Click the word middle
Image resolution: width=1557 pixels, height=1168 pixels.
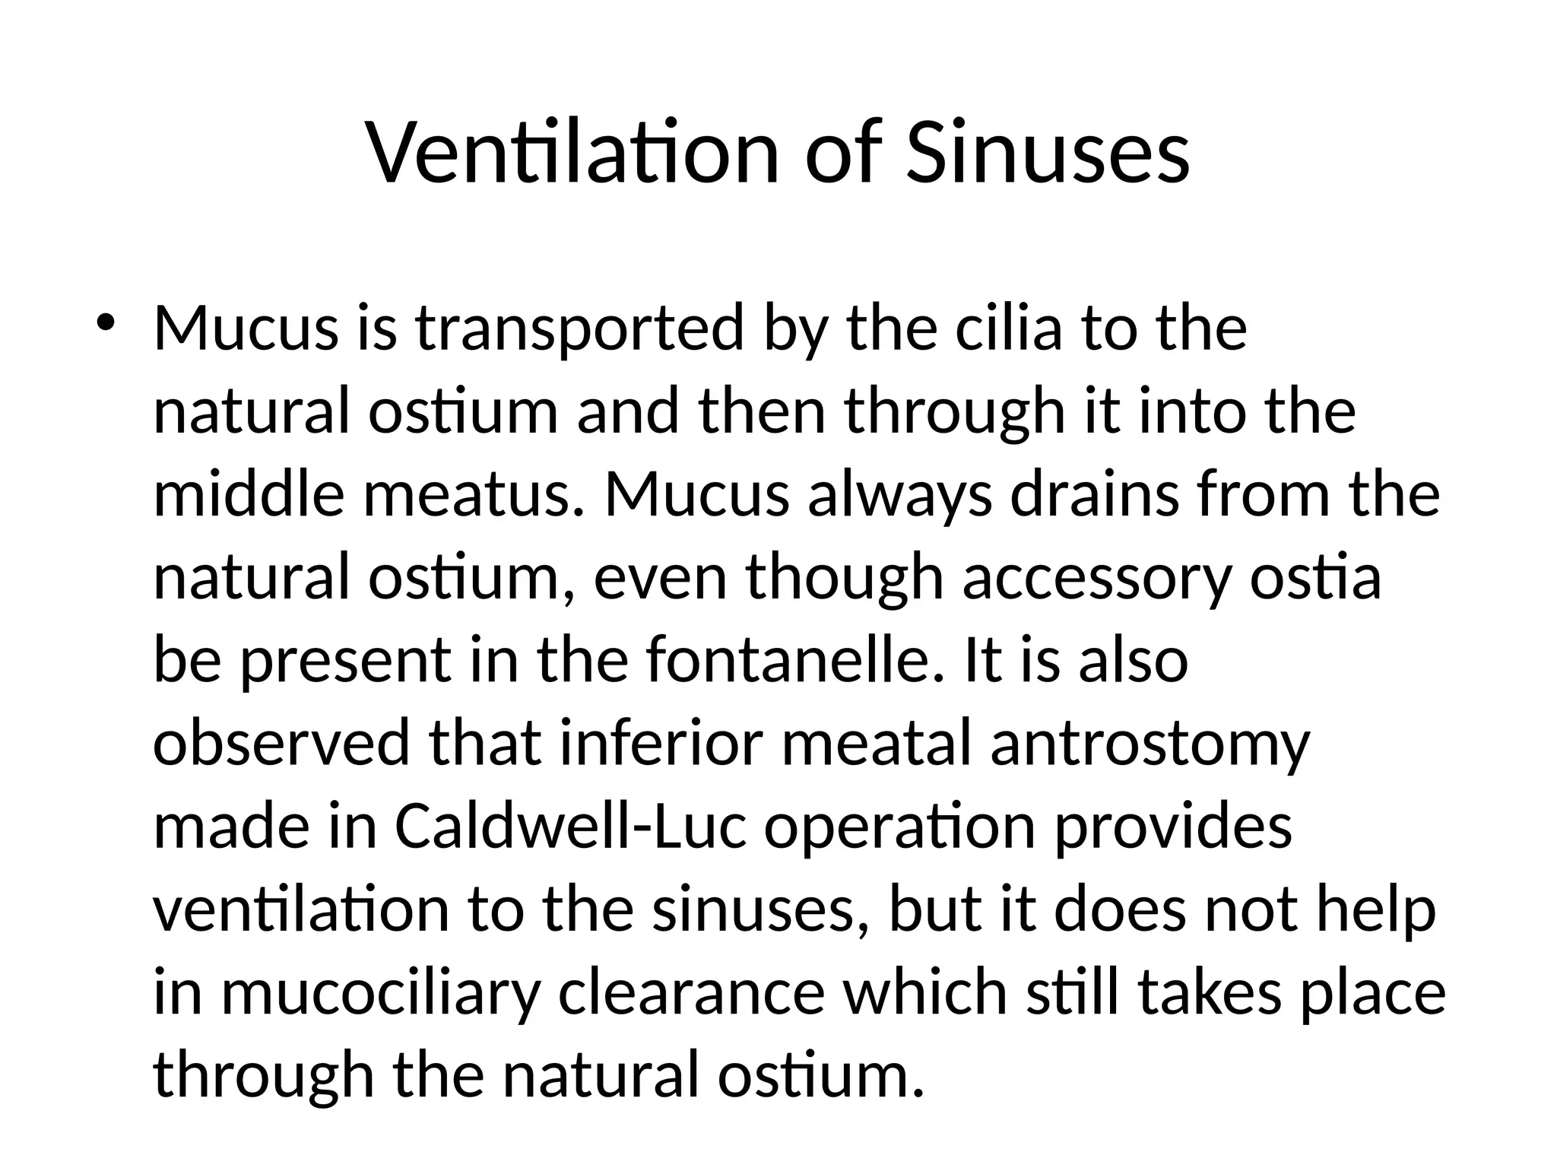click(249, 494)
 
